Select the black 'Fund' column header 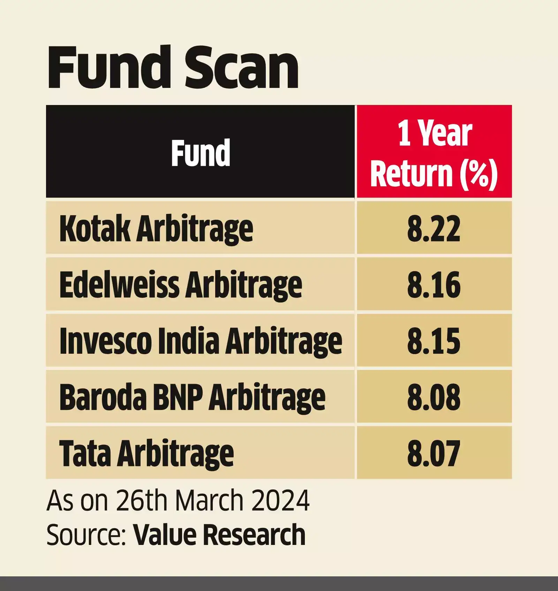[x=201, y=152]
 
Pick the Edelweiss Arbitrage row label [x=181, y=285]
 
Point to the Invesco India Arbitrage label [x=201, y=341]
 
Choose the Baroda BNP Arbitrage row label [x=192, y=398]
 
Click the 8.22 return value [x=434, y=229]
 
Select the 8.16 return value [x=434, y=285]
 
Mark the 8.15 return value [x=434, y=341]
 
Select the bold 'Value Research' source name [x=219, y=534]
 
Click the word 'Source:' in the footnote [x=86, y=535]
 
